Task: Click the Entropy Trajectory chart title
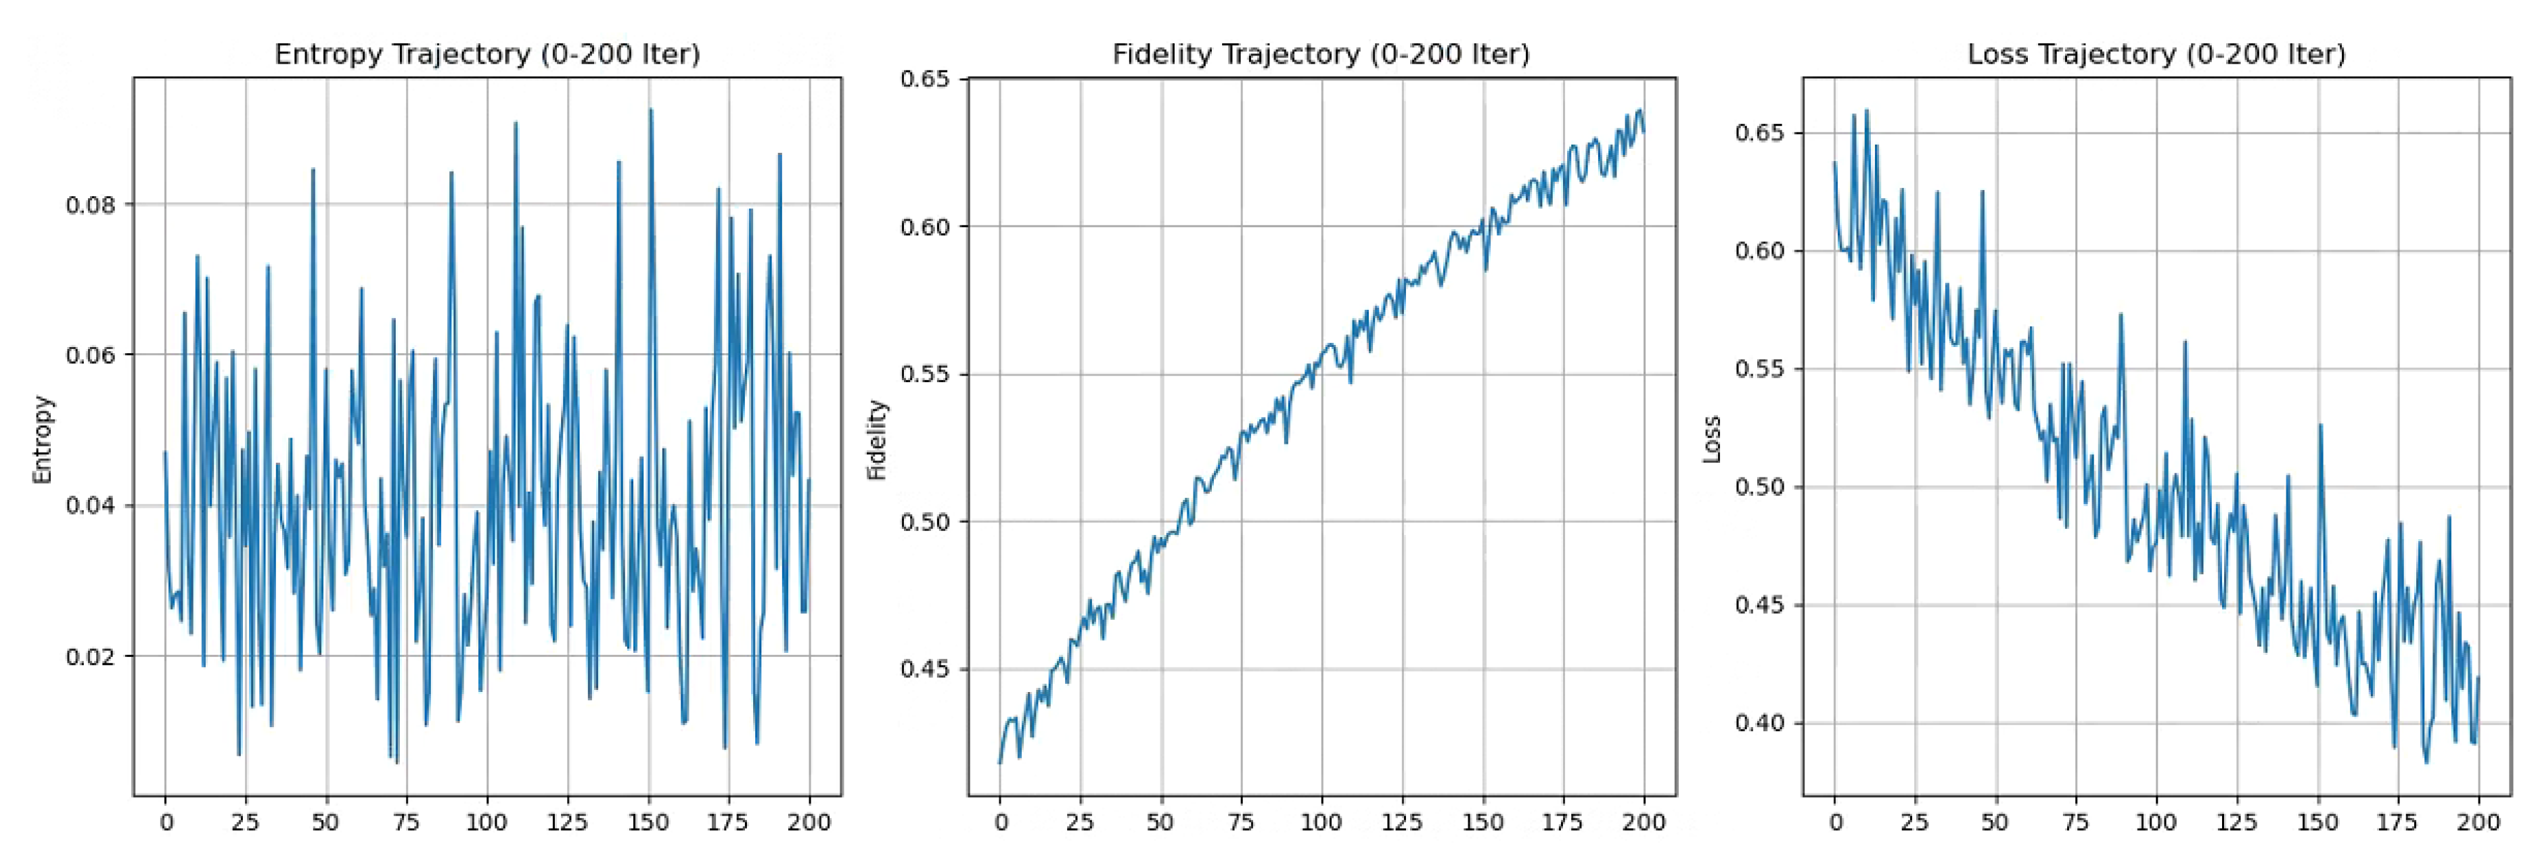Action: click(487, 54)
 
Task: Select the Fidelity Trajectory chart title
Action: click(1321, 54)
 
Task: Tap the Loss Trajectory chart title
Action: click(2156, 54)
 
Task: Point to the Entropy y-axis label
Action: click(41, 439)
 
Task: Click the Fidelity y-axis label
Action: click(876, 439)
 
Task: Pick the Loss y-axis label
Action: click(1711, 439)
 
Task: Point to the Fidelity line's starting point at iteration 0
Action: click(1000, 762)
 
